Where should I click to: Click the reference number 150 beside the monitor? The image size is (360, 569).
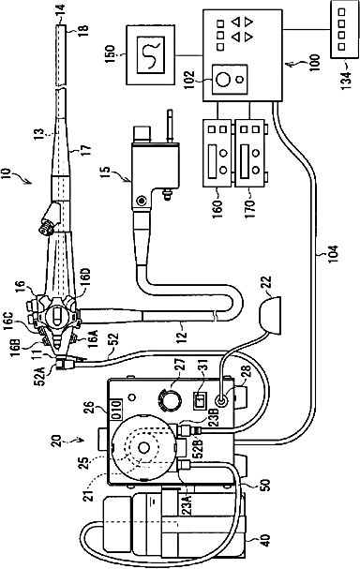click(111, 54)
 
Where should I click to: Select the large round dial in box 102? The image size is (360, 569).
click(222, 79)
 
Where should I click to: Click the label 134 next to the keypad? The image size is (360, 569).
click(346, 78)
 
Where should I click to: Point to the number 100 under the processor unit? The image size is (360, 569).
click(315, 63)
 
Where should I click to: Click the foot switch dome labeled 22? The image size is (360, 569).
click(270, 315)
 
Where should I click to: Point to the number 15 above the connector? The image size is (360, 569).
click(105, 172)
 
